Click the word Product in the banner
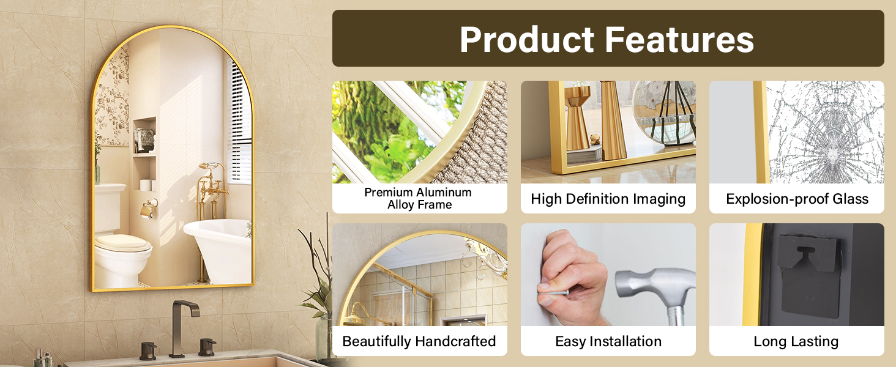tap(527, 39)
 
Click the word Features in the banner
tap(679, 39)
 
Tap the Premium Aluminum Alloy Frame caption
tap(419, 198)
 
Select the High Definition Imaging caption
tap(608, 199)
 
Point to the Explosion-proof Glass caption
tap(797, 199)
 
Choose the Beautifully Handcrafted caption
tap(419, 341)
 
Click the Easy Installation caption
tap(608, 341)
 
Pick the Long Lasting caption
tap(796, 341)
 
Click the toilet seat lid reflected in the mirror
tap(122, 243)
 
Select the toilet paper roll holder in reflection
tap(149, 209)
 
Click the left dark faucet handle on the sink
tap(148, 350)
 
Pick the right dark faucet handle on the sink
tap(207, 347)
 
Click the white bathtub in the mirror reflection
tap(218, 250)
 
